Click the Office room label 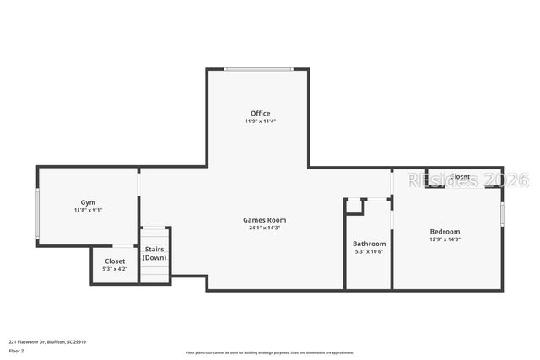coord(260,113)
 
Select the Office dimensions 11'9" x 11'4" coord(260,121)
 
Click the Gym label coord(88,202)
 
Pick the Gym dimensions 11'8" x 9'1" coord(88,210)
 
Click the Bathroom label coord(369,244)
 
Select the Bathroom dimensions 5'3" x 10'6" coord(369,251)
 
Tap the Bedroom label coord(445,231)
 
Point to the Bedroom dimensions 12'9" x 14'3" coord(445,239)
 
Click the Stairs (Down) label coord(154,253)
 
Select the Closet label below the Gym coord(114,261)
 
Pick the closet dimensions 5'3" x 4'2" coord(114,269)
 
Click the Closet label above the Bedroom coord(460,176)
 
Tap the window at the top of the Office coord(258,69)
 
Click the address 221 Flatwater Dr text coord(47,341)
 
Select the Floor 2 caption coord(16,350)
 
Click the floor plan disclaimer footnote coord(269,352)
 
